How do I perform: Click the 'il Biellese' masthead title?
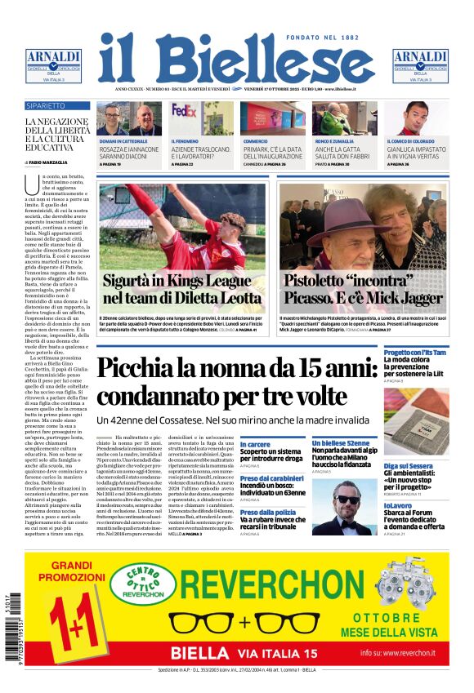[236, 58]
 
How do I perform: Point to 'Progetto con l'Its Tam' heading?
[416, 352]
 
